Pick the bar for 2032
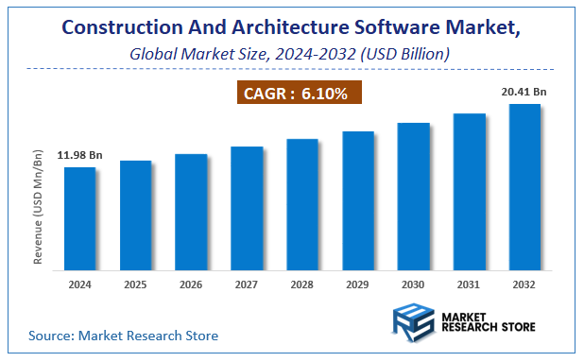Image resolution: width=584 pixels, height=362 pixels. point(524,186)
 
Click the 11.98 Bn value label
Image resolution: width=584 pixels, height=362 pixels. point(79,155)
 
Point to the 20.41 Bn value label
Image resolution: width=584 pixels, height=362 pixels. point(524,92)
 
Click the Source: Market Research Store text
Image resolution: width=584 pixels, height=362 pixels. point(123,335)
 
